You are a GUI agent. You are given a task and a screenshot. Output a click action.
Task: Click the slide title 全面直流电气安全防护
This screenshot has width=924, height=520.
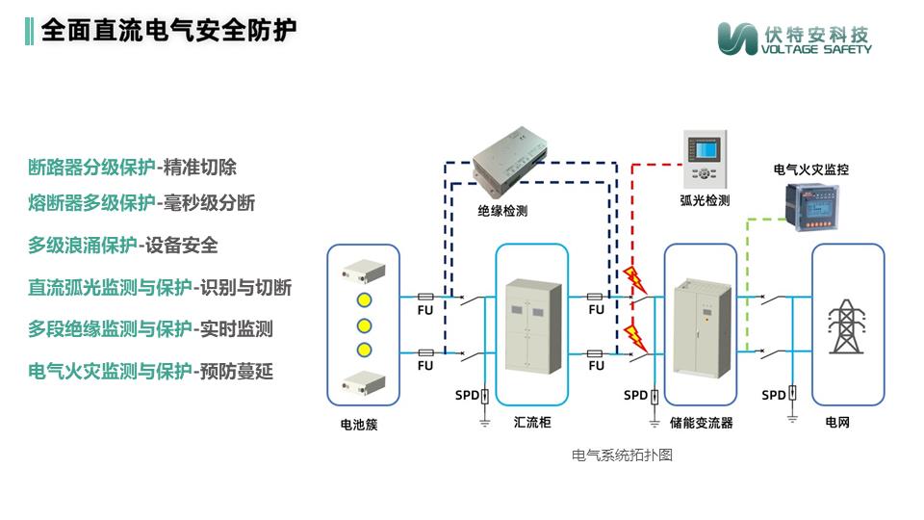point(168,30)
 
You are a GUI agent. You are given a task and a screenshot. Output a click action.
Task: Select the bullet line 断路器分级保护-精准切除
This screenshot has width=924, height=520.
point(132,168)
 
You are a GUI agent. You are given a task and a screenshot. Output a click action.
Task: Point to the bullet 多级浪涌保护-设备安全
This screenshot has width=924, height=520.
point(122,246)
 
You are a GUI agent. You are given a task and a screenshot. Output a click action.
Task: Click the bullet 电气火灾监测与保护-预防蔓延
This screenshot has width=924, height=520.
point(150,371)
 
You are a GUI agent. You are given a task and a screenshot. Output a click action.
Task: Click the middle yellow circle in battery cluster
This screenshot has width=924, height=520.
point(364,324)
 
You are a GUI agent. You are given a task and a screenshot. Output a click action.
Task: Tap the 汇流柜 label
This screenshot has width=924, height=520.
point(531,423)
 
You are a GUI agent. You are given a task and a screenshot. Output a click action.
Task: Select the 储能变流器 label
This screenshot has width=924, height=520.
point(701,423)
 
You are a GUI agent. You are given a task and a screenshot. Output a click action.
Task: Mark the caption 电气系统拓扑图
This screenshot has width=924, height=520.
point(622,455)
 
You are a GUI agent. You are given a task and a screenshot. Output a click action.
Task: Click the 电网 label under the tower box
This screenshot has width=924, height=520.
point(837,423)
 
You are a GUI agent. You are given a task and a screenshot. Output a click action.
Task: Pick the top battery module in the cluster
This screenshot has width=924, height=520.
point(364,272)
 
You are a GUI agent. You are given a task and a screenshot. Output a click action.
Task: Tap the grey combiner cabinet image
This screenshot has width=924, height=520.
point(532,323)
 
